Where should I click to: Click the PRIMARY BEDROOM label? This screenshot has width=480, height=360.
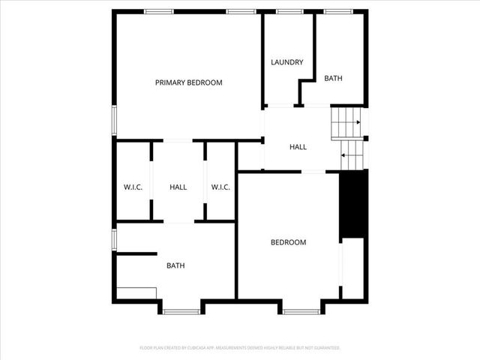188,82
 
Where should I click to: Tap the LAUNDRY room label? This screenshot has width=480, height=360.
286,62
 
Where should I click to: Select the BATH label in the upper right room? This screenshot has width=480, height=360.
334,78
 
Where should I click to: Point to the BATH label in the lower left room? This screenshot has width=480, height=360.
175,265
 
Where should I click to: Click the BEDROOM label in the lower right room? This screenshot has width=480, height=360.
288,242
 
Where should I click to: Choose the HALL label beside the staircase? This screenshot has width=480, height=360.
298,147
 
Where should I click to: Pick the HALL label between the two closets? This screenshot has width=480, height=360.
178,187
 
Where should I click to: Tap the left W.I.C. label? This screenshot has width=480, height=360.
133,187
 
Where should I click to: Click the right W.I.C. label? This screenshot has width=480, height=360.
220,187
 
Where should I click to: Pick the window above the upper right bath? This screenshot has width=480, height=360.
338,11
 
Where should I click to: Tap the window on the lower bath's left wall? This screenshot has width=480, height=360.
114,238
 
